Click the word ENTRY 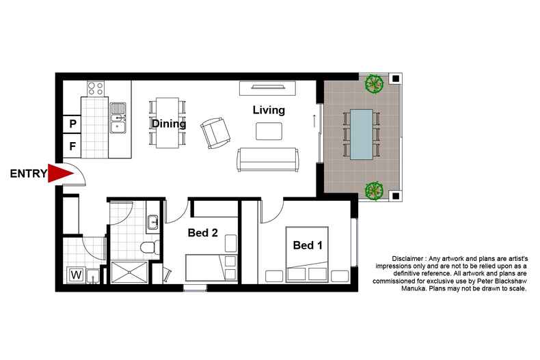28,174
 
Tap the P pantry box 72,124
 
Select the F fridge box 72,146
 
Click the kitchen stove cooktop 96,88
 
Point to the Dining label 169,124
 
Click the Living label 269,109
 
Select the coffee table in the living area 268,130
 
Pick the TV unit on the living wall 268,88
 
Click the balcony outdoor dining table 362,134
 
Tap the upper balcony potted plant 373,83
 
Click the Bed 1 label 308,245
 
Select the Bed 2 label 202,233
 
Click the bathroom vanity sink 153,222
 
